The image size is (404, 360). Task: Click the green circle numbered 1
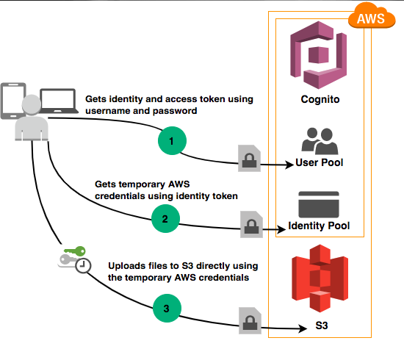point(172,141)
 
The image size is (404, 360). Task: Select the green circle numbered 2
point(165,218)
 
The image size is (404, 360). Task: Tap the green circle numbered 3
point(167,308)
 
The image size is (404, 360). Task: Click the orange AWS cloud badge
point(372,16)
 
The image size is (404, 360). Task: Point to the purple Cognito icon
point(319,55)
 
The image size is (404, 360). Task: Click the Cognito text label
point(320,99)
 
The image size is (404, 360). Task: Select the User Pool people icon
point(320,141)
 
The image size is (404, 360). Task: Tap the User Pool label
point(320,162)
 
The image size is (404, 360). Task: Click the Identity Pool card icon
point(319,204)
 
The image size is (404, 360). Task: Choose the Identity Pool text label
point(319,226)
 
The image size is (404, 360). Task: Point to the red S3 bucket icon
point(320,278)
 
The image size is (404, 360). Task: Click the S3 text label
point(322,325)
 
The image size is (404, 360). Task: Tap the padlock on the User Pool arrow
point(249,158)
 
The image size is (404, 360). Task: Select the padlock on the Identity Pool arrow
point(251,224)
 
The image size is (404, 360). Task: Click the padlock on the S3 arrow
point(250,320)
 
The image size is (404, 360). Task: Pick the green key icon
point(75,251)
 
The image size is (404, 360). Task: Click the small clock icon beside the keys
point(83,265)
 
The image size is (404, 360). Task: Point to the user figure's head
point(32,104)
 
